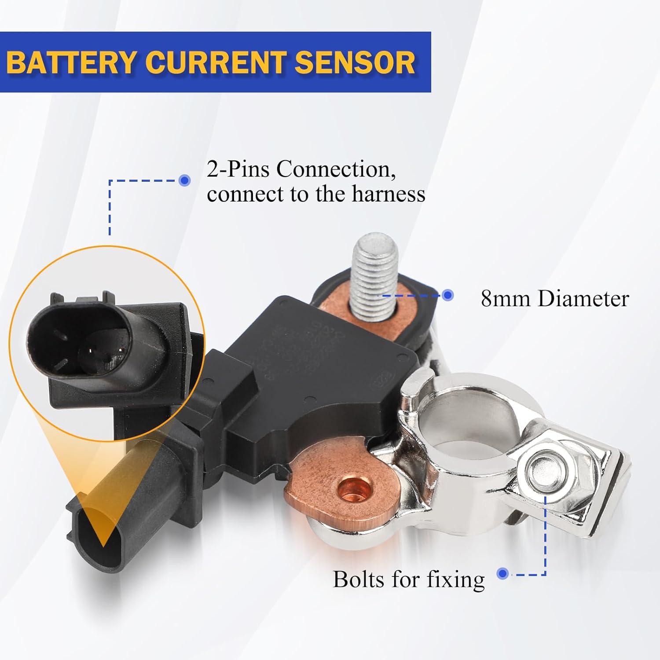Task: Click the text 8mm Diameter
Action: point(554,299)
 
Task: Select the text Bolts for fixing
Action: point(409,579)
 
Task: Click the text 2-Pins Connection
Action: point(301,169)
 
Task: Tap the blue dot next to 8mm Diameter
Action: point(448,295)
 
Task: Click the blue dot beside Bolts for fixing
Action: point(502,574)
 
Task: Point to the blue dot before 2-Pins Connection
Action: point(185,180)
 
